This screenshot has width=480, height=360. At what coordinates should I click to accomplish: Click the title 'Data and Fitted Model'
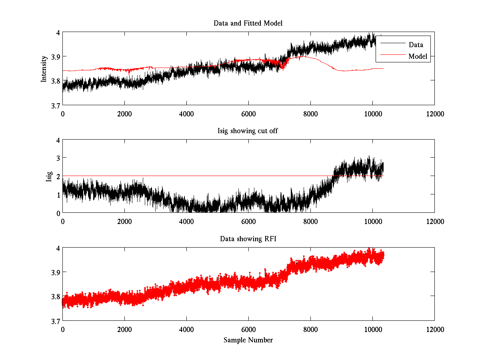[x=248, y=23]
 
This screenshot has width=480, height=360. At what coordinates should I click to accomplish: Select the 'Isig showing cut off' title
[x=248, y=131]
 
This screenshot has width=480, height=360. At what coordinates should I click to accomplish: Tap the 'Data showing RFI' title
[x=248, y=239]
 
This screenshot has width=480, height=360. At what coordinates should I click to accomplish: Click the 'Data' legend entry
[x=416, y=45]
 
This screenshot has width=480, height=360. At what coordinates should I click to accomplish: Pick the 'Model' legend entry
[x=418, y=56]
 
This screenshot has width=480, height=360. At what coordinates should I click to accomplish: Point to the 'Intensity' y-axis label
[x=44, y=69]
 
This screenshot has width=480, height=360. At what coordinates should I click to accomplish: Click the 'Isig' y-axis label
[x=49, y=176]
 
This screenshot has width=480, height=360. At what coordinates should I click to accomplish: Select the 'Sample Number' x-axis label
[x=248, y=340]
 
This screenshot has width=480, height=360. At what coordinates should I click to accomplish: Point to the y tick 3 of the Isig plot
[x=58, y=158]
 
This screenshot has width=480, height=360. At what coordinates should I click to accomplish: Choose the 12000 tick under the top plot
[x=434, y=114]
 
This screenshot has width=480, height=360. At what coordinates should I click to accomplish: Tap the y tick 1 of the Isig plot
[x=58, y=195]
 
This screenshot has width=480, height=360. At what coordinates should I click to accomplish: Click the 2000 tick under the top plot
[x=124, y=114]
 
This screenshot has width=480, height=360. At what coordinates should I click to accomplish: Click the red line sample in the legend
[x=391, y=56]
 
